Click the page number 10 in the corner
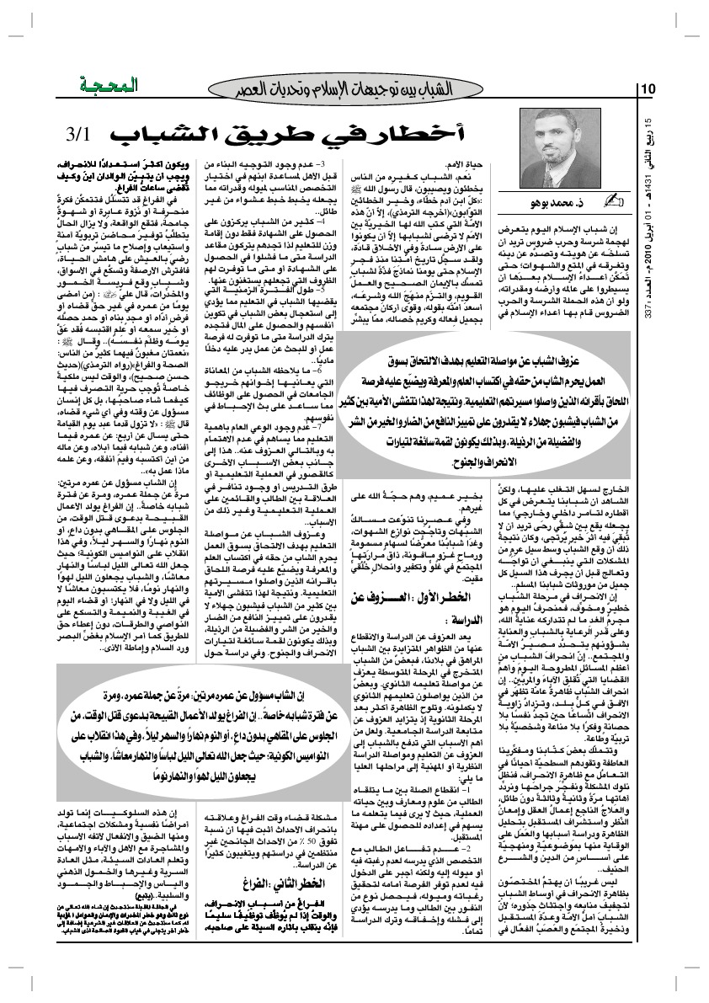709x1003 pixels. (649, 89)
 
